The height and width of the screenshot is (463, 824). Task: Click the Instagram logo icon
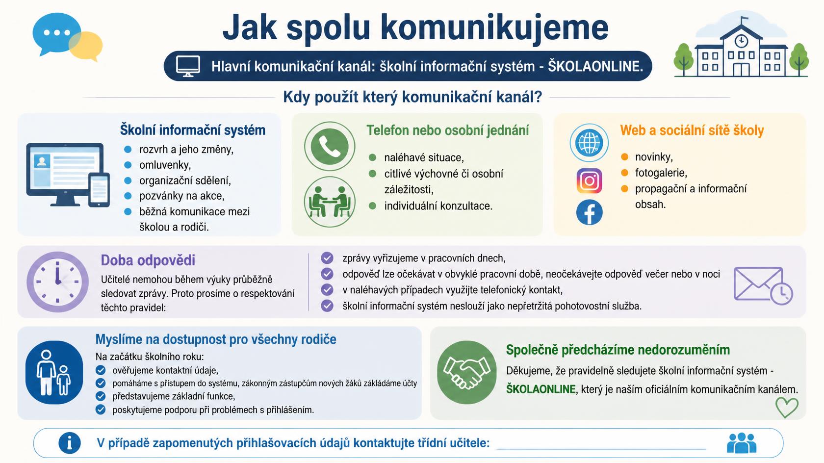590,180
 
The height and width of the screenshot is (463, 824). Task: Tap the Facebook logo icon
590,212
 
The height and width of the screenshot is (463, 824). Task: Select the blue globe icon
589,142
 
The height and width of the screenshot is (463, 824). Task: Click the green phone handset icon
330,146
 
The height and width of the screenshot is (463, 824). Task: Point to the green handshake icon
466,372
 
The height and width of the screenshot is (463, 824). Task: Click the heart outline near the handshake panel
787,407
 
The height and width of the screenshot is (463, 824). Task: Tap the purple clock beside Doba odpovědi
57,282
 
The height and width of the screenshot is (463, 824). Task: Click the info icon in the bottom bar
70,443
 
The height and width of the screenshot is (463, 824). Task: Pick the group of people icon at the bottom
742,443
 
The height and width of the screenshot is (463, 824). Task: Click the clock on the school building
741,40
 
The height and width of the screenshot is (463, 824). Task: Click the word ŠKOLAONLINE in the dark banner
595,66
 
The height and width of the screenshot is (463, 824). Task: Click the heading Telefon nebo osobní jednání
448,130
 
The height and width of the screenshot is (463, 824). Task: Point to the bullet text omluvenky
165,165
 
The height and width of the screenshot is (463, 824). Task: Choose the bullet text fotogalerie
661,173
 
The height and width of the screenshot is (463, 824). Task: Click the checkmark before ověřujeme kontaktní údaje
101,370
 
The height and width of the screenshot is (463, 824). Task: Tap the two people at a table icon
330,202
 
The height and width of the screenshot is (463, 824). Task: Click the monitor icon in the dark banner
188,66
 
